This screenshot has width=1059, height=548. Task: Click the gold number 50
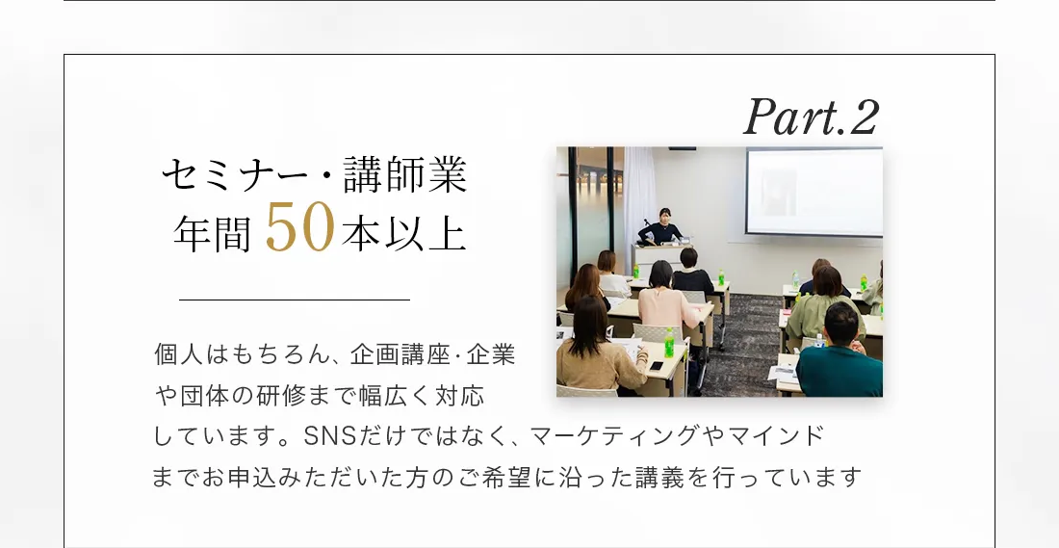299,227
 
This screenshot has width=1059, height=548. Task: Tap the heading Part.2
812,117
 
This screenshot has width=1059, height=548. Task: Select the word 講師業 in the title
405,175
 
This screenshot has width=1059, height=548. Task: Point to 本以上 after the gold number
404,234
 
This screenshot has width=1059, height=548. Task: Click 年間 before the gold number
213,234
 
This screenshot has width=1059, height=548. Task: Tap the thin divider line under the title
295,299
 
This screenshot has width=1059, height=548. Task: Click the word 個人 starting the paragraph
180,354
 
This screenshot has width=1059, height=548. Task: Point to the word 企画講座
400,354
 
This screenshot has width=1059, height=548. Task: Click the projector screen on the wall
814,192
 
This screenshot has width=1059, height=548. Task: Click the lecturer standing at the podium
662,226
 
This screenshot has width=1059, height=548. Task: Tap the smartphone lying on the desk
655,366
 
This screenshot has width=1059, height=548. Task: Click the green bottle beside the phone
669,343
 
